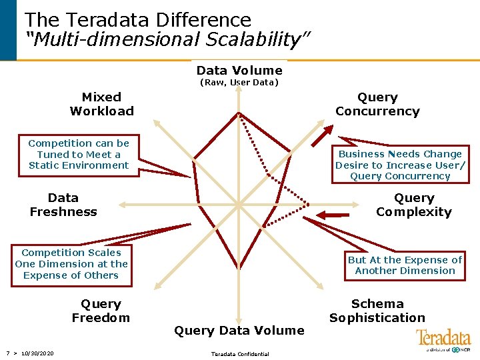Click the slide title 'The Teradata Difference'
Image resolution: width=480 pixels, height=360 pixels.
(138, 20)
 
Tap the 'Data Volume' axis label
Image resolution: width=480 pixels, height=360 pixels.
(239, 71)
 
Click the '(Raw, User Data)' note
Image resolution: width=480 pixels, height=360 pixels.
(239, 83)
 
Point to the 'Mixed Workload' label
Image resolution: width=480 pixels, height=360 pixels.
(101, 105)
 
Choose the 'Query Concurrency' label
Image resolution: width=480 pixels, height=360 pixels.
(377, 105)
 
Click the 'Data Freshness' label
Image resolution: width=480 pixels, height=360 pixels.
(63, 205)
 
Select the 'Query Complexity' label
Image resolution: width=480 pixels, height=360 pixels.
(413, 205)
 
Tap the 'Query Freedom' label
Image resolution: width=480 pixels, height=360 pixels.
(101, 311)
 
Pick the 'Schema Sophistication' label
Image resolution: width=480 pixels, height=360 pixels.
(377, 311)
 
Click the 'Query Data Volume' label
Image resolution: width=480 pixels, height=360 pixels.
(239, 330)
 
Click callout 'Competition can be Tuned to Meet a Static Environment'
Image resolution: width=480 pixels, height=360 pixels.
(79, 154)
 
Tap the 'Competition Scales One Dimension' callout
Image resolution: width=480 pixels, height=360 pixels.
(71, 264)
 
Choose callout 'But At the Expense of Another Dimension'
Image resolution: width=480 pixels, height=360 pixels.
(405, 265)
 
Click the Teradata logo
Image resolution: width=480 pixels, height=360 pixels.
(443, 340)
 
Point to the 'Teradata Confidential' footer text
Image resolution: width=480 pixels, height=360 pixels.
(240, 354)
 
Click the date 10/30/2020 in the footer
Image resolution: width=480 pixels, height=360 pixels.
(37, 353)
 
